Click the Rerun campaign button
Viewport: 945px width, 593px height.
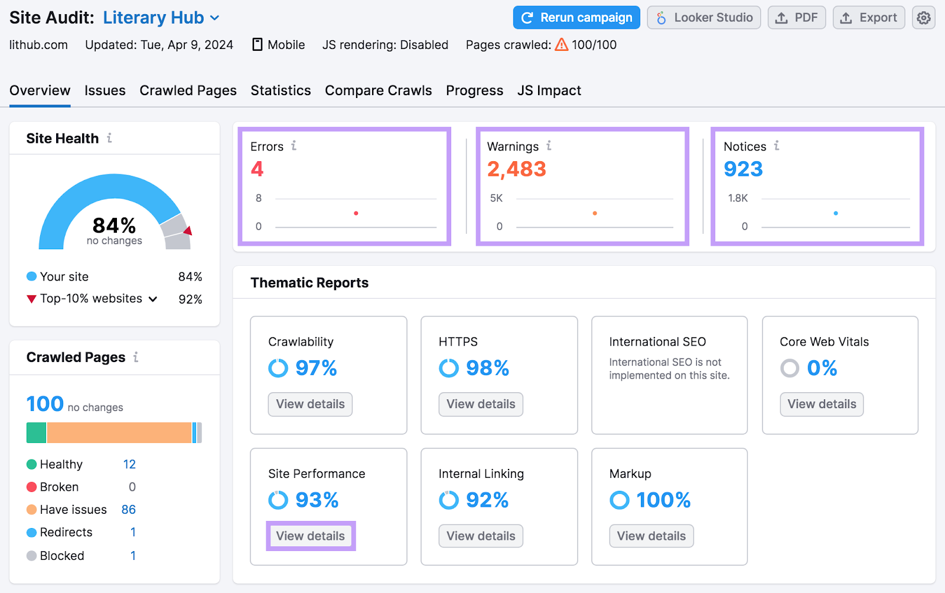click(576, 18)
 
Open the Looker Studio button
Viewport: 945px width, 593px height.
click(703, 18)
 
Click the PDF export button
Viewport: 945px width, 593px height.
click(796, 18)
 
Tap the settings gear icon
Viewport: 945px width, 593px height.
click(923, 18)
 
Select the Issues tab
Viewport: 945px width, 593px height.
click(105, 90)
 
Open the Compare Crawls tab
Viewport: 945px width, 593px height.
click(378, 90)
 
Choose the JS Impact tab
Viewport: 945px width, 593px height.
click(549, 90)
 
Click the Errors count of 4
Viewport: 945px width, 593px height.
click(257, 170)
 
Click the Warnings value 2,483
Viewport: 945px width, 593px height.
click(516, 170)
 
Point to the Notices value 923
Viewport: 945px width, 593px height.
click(743, 170)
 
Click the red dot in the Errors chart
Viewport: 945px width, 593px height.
click(356, 213)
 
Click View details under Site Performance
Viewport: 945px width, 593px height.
click(310, 536)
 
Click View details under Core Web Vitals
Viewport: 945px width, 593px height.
click(822, 404)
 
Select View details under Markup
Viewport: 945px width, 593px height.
click(651, 536)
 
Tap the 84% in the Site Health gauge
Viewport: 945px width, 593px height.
click(114, 226)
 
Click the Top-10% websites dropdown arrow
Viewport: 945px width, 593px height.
click(153, 299)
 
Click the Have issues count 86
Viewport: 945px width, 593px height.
click(128, 510)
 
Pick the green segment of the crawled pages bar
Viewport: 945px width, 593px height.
click(36, 432)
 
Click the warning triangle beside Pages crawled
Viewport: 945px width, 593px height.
click(561, 44)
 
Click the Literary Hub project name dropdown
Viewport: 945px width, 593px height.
click(161, 18)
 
